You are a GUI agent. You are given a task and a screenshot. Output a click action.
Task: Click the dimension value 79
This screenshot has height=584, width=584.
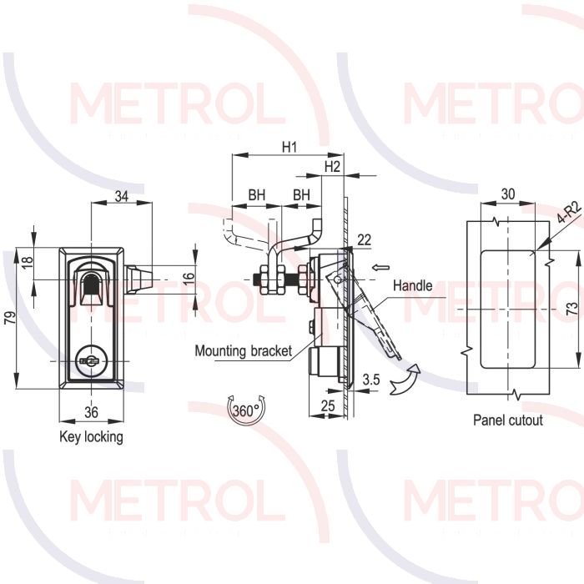(x=11, y=317)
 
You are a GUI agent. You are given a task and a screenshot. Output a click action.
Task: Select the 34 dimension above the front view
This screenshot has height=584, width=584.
(x=122, y=196)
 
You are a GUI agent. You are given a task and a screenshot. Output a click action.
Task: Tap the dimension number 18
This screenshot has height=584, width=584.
(x=28, y=262)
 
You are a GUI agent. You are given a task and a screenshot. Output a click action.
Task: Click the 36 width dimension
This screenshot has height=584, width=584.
(x=91, y=412)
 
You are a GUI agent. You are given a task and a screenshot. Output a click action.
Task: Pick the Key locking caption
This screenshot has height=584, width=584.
(x=91, y=436)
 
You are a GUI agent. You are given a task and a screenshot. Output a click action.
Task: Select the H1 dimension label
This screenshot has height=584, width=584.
(x=289, y=147)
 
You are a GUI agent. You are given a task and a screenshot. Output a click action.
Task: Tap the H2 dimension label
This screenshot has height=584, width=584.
(x=332, y=167)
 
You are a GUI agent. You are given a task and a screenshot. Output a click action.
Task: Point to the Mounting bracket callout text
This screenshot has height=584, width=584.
(x=244, y=351)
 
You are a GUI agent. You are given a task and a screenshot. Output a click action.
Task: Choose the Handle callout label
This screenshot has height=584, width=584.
(x=413, y=285)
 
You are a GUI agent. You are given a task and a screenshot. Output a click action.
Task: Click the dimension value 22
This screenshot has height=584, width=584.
(x=364, y=240)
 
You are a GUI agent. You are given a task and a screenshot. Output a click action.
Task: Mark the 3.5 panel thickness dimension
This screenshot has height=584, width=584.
(x=371, y=380)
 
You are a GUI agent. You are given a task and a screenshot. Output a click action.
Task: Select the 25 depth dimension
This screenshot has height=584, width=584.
(x=327, y=405)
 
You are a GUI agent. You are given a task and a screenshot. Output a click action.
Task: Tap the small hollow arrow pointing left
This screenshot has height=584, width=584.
(x=380, y=267)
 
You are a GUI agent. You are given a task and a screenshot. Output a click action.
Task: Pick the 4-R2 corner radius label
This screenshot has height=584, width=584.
(x=569, y=212)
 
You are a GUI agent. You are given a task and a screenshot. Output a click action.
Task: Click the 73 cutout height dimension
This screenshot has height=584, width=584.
(x=571, y=310)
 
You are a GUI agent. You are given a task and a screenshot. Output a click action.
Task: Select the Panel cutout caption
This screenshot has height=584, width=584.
(x=507, y=420)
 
